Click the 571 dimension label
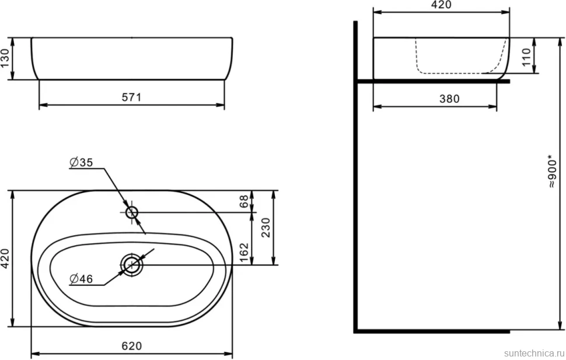(131, 97)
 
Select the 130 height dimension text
(5, 58)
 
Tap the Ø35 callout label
(81, 162)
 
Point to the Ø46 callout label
(81, 279)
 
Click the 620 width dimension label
(131, 346)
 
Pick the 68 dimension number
(244, 201)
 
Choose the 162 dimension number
(244, 253)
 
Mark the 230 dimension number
(265, 228)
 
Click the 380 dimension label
(449, 99)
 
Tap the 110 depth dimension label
(527, 57)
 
